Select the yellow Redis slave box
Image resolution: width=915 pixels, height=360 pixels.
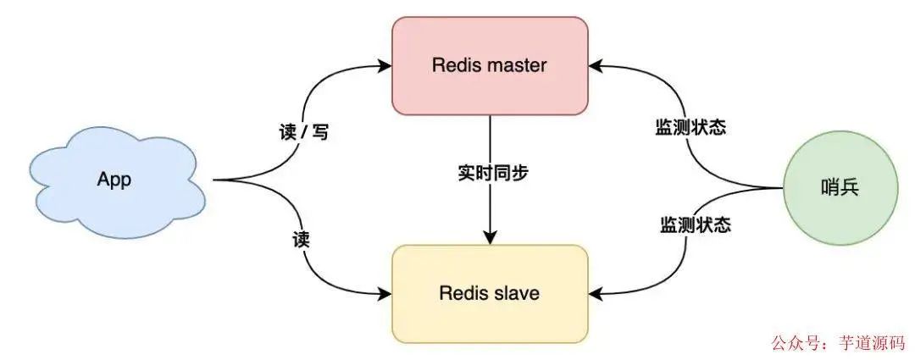tap(490, 293)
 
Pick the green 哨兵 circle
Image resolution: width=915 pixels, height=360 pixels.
tap(840, 188)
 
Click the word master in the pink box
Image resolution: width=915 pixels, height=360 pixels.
tap(516, 64)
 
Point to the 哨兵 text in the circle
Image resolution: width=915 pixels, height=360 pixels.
tap(840, 188)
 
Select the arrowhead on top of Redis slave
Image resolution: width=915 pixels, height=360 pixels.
tap(490, 239)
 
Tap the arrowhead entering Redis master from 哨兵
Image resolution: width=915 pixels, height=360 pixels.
tap(595, 64)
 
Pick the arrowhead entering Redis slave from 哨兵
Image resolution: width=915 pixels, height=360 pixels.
tap(595, 293)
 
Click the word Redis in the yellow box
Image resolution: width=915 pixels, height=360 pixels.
tap(462, 294)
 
